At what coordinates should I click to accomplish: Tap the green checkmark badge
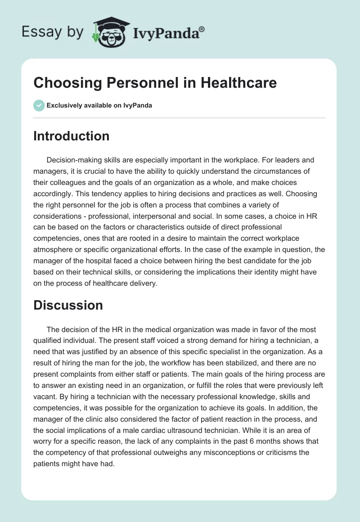pyautogui.click(x=39, y=105)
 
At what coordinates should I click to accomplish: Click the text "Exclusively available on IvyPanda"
pyautogui.click(x=99, y=106)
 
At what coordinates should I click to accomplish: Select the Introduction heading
pyautogui.click(x=71, y=136)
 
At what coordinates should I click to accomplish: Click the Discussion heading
pyautogui.click(x=68, y=305)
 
